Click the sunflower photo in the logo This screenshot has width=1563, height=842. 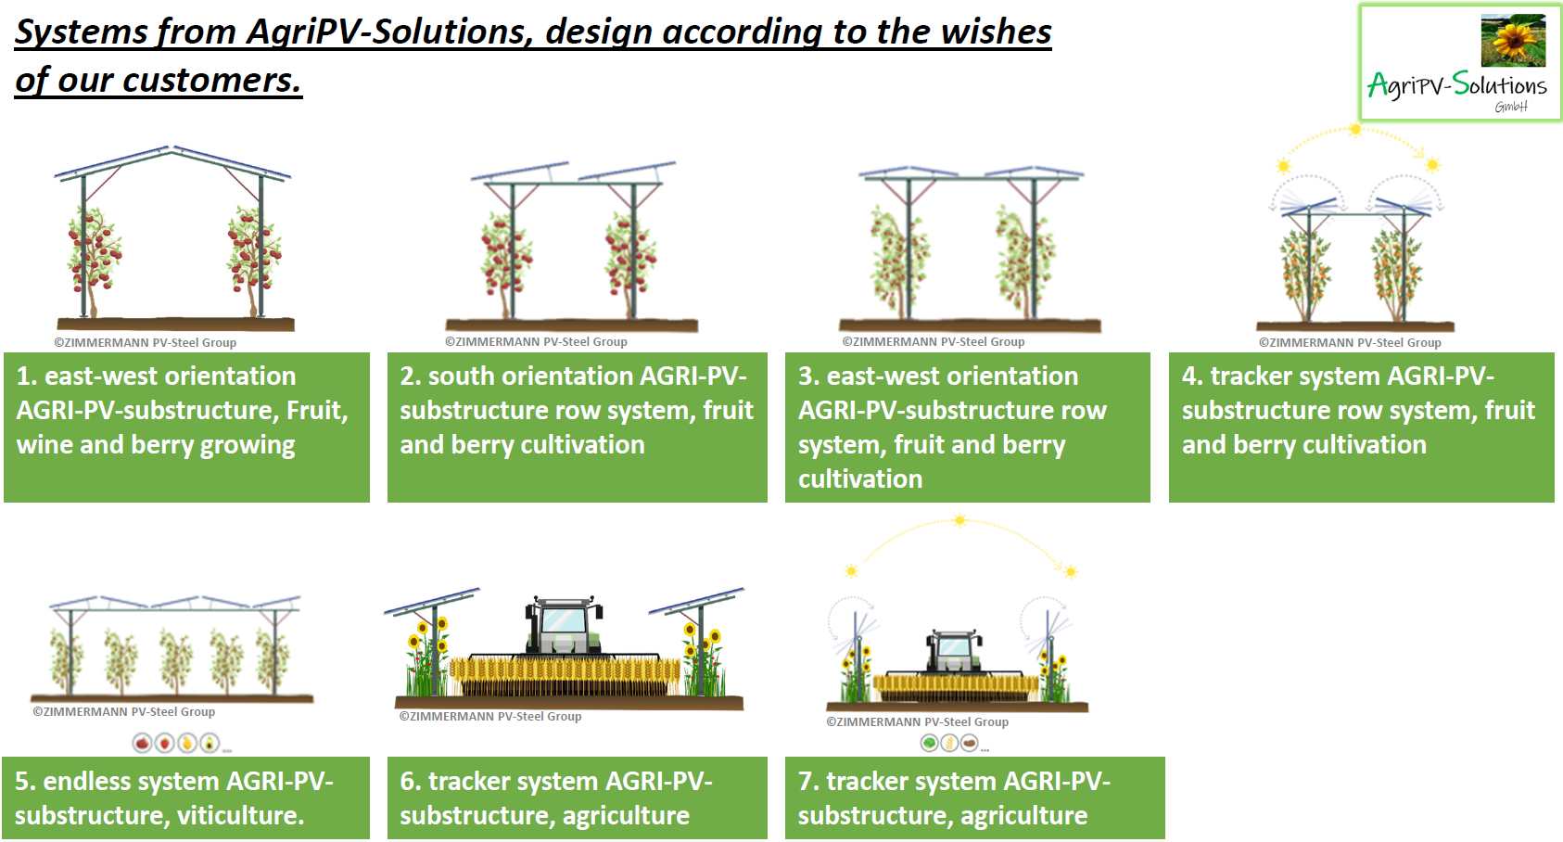point(1513,40)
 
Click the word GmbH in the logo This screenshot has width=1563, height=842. point(1510,107)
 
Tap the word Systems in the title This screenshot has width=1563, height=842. point(80,32)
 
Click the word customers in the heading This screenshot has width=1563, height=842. point(211,81)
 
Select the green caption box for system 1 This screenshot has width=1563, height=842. point(186,427)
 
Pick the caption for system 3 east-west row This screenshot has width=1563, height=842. point(967,427)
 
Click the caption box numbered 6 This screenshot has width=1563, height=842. point(577,798)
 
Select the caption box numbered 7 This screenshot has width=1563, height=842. point(974,798)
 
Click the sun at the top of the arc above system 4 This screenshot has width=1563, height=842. point(1355,130)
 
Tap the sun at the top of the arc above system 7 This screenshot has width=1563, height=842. point(960,521)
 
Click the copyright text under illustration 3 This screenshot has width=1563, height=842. point(933,342)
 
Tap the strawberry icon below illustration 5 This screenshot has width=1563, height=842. point(165,743)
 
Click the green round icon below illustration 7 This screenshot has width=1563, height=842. point(929,743)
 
